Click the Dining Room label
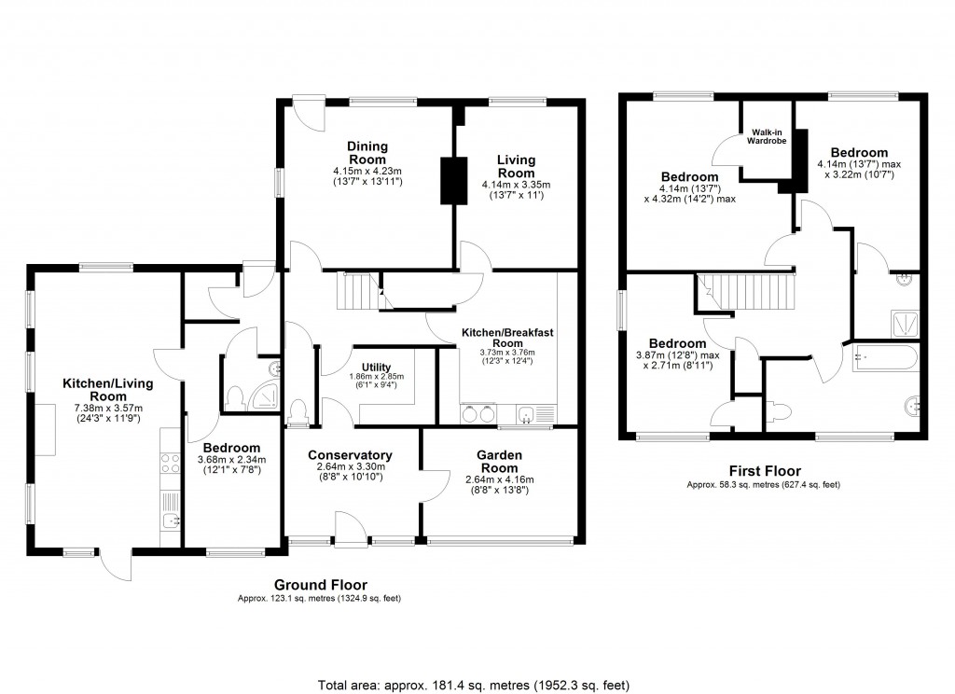tap(367, 153)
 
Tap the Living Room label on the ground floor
tap(516, 166)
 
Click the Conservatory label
tap(350, 455)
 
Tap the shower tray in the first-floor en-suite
tap(902, 322)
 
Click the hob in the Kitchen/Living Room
tap(170, 463)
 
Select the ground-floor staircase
tap(359, 291)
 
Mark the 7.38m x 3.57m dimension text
tap(108, 407)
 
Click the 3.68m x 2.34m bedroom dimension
tap(231, 459)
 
